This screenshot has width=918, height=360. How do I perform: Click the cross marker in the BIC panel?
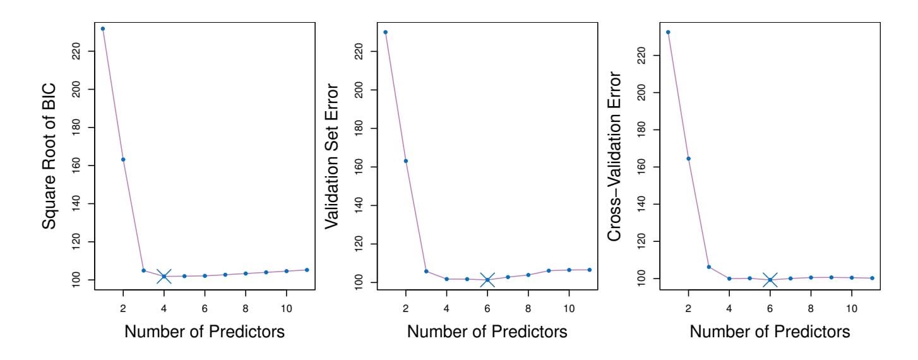[x=164, y=276]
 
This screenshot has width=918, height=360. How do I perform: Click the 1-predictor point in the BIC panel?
[x=103, y=28]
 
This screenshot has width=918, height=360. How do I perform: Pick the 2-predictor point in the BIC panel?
[x=123, y=159]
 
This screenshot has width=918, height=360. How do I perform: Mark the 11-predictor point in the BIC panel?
[x=307, y=270]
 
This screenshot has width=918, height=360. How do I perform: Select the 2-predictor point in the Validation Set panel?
[x=406, y=161]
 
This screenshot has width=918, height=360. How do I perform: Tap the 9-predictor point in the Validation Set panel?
[x=549, y=270]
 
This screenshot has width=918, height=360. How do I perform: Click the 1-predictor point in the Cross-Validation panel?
[x=668, y=32]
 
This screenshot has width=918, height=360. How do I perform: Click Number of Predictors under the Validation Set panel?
[x=487, y=330]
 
